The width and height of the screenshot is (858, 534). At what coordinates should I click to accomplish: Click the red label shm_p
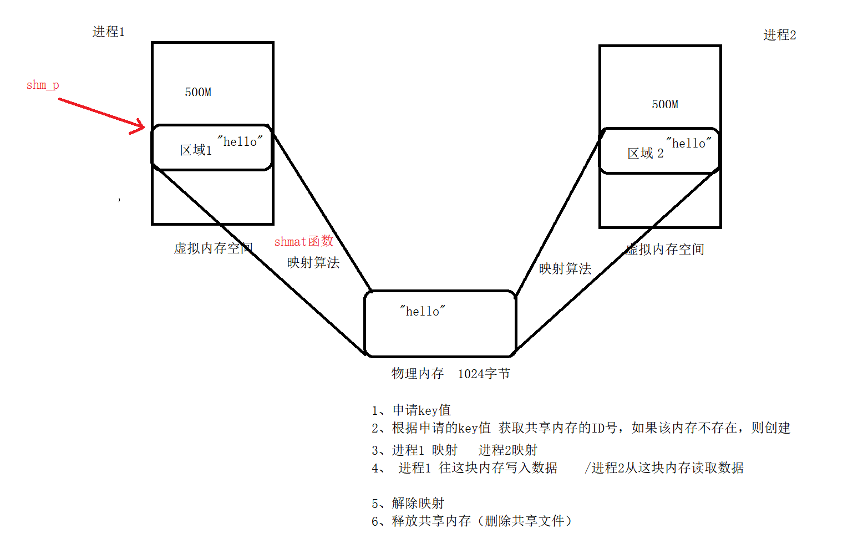pos(43,85)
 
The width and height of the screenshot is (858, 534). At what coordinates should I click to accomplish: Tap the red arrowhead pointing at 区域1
pos(139,126)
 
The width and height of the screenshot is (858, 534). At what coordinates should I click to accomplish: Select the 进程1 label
pos(109,32)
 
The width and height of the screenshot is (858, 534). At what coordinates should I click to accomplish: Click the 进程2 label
pos(779,35)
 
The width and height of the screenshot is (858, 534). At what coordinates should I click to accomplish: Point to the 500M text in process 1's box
pos(198,92)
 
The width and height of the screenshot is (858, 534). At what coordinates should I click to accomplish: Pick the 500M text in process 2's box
pos(665,104)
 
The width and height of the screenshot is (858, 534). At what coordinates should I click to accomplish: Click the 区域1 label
pos(196,150)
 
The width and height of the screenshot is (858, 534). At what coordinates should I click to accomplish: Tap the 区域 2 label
pos(645,154)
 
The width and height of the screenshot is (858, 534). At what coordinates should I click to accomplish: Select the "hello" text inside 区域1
pos(240,142)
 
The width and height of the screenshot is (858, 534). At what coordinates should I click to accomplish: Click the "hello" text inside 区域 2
pos(688,144)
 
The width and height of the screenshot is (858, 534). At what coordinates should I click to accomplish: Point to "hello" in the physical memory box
pos(422,312)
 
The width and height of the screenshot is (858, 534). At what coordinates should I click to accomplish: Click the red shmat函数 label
pos(303,241)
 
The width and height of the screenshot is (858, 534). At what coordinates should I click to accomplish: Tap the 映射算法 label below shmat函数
pos(313,262)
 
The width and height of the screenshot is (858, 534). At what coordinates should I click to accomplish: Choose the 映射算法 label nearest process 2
pos(565,269)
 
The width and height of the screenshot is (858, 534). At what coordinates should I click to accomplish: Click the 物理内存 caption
pos(418,374)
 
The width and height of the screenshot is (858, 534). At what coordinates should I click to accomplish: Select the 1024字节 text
pos(484,374)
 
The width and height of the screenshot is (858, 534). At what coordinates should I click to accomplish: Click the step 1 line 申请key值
pos(411,410)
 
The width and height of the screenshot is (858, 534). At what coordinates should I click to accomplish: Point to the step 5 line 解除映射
pos(408,503)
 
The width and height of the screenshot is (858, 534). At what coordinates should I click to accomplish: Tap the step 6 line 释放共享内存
pos(471,521)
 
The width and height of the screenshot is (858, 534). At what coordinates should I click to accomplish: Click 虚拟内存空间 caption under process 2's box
pos(665,250)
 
